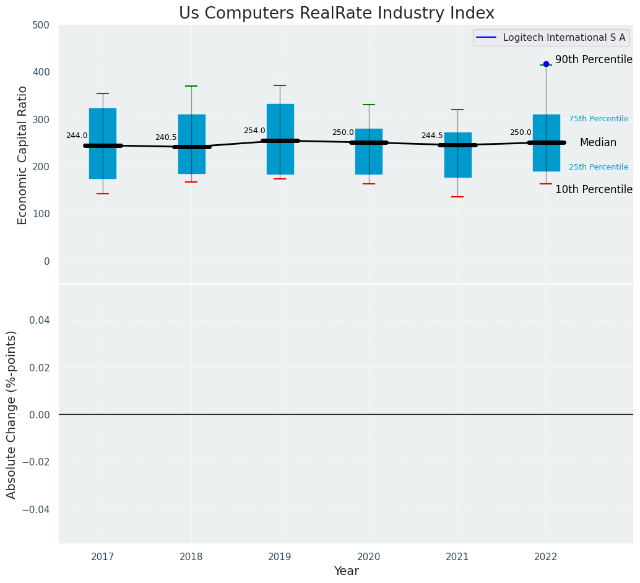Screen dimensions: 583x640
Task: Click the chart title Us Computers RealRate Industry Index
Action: click(337, 14)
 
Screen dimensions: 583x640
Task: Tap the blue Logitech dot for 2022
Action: click(546, 64)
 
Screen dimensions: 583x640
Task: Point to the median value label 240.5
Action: click(166, 137)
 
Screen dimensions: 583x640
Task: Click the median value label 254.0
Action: click(254, 131)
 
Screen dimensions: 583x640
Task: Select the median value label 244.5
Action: click(432, 136)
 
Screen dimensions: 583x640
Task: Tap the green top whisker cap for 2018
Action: click(191, 86)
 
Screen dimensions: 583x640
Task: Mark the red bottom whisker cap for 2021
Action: click(457, 197)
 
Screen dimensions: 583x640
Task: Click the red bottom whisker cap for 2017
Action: click(103, 194)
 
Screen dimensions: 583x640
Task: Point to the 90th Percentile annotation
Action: click(594, 60)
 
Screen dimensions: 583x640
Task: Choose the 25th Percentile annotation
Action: click(599, 167)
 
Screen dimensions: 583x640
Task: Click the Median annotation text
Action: click(598, 142)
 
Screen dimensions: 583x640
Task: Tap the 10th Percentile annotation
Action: click(594, 189)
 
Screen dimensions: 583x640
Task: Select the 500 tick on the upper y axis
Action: click(41, 25)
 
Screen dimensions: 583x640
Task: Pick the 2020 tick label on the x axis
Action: click(369, 557)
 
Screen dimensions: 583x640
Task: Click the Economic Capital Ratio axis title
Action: click(23, 155)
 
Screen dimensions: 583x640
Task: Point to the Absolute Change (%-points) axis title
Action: click(12, 414)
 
